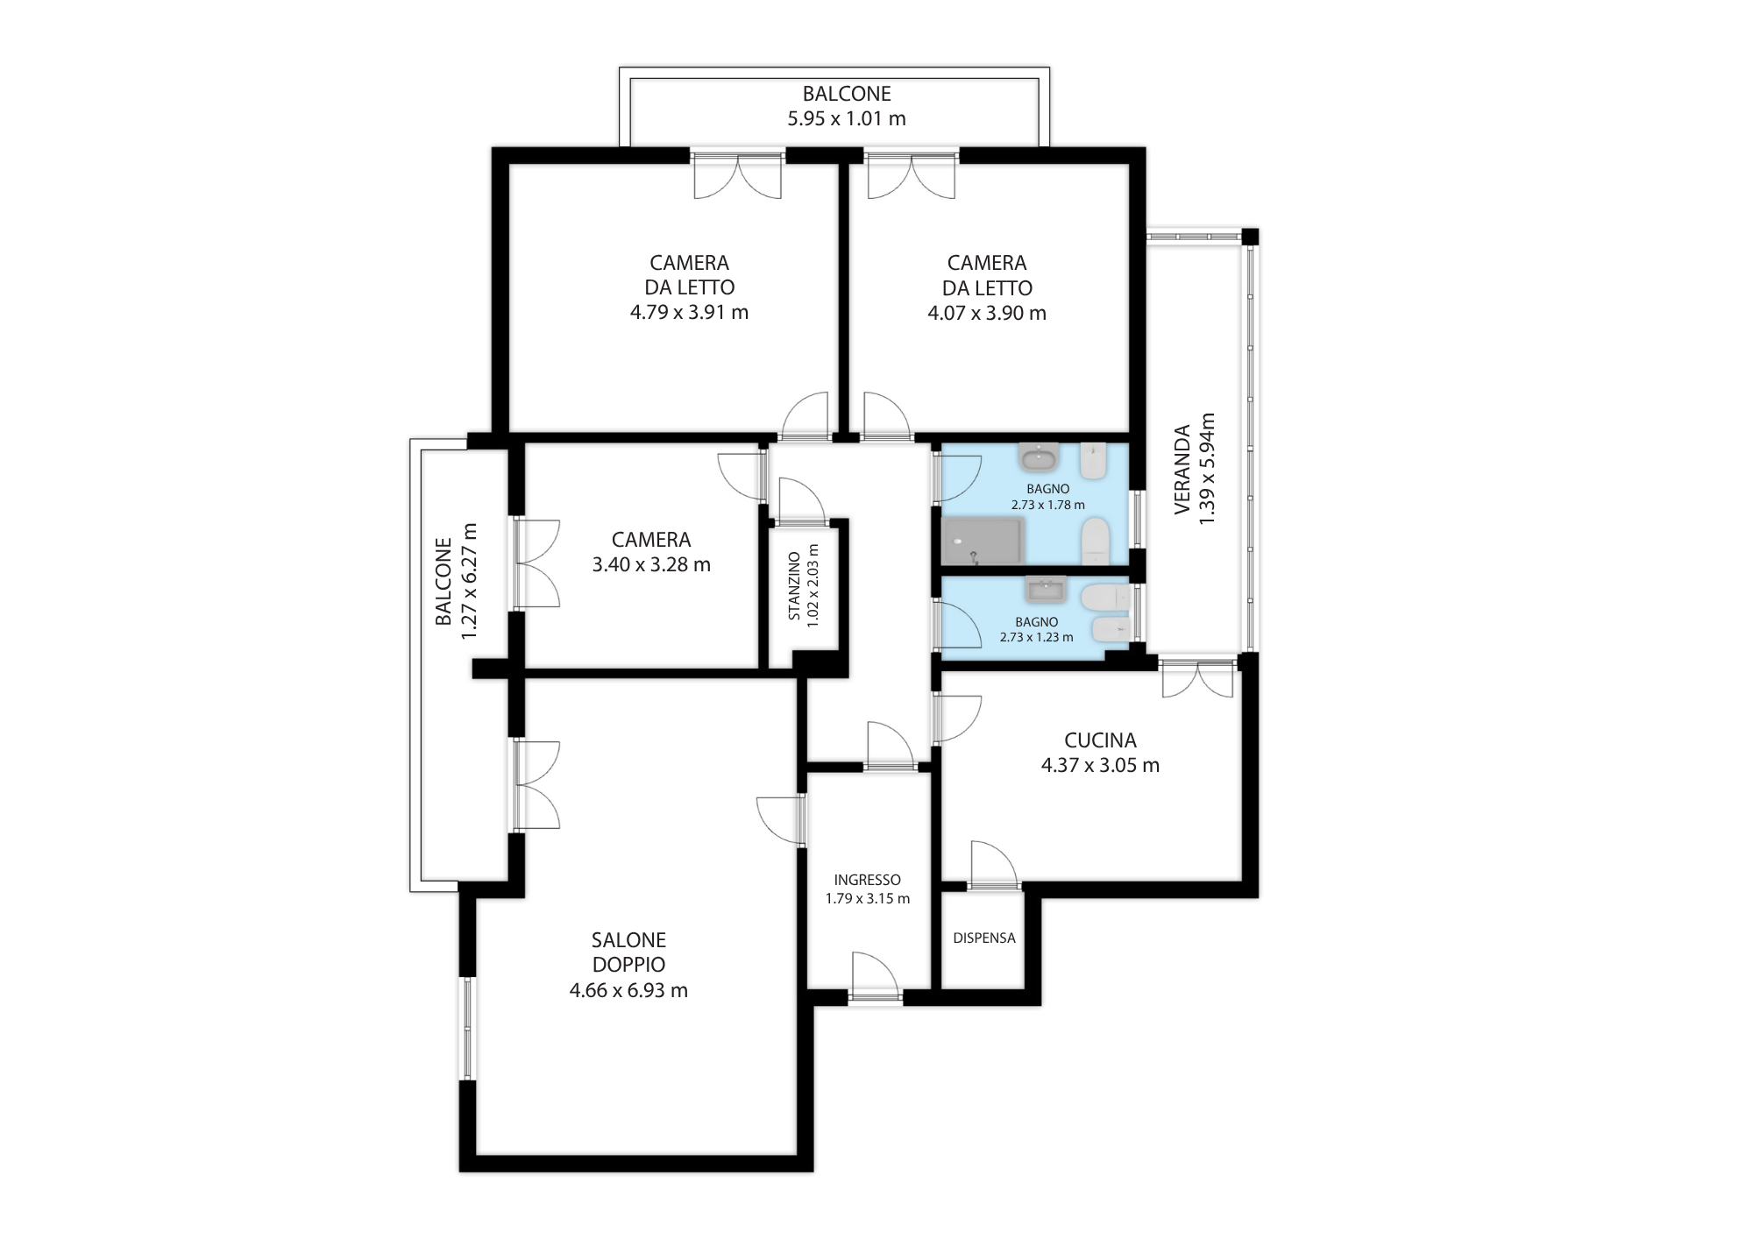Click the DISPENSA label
click(984, 938)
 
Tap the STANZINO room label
click(794, 585)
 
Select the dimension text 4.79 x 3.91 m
click(689, 312)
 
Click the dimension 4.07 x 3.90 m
click(987, 313)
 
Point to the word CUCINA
click(1100, 740)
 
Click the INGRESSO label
click(867, 880)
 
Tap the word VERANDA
click(1182, 469)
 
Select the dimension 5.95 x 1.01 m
click(847, 118)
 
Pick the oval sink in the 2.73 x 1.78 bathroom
click(1040, 457)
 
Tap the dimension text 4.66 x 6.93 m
click(628, 990)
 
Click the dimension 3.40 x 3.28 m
click(651, 564)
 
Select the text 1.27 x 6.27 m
click(470, 581)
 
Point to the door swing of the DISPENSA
click(994, 864)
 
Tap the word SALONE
click(628, 940)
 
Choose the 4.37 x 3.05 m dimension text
click(1100, 765)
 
